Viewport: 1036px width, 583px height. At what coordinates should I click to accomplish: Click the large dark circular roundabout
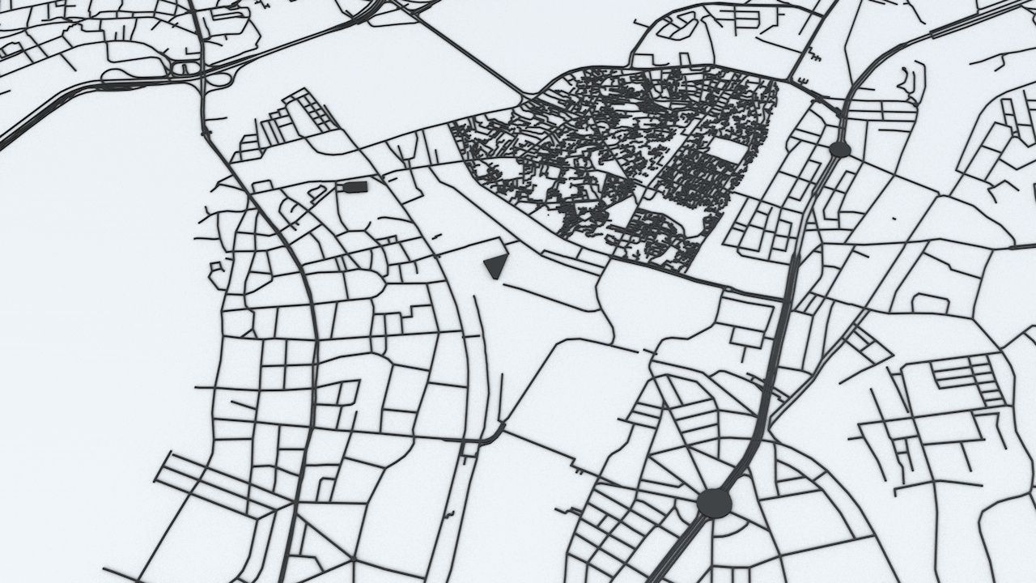click(714, 503)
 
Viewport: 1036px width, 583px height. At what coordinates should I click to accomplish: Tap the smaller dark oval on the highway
click(839, 149)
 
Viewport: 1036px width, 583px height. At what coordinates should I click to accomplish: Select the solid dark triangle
click(495, 265)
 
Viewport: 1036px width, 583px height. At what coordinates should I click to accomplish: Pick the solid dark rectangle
click(355, 187)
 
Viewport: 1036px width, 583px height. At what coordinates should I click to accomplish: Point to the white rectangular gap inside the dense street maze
click(726, 150)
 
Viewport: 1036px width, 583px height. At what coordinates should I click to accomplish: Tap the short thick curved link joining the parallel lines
click(490, 437)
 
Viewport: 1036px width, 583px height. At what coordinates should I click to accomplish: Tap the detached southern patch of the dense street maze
click(660, 235)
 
